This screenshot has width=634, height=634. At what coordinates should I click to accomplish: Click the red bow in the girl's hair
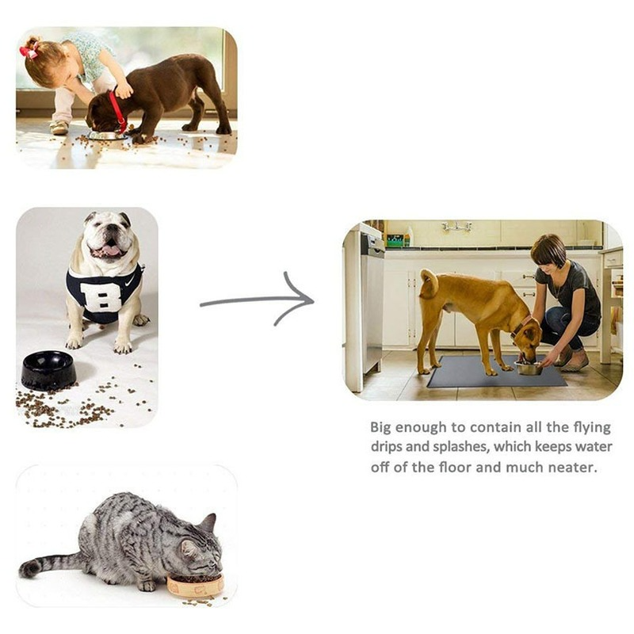(29, 51)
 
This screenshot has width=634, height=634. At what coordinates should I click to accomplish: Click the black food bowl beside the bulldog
(48, 370)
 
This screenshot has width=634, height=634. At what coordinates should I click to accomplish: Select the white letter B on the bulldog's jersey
(101, 296)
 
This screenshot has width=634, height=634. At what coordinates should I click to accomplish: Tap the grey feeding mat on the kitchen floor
(497, 371)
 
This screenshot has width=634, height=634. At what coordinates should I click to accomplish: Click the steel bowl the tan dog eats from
(528, 368)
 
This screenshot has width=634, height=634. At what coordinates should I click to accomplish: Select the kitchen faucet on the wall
(457, 227)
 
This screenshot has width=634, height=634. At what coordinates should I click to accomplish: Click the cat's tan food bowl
(195, 586)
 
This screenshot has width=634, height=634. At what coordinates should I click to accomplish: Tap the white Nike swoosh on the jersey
(130, 281)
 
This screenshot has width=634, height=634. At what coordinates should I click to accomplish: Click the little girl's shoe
(59, 128)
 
